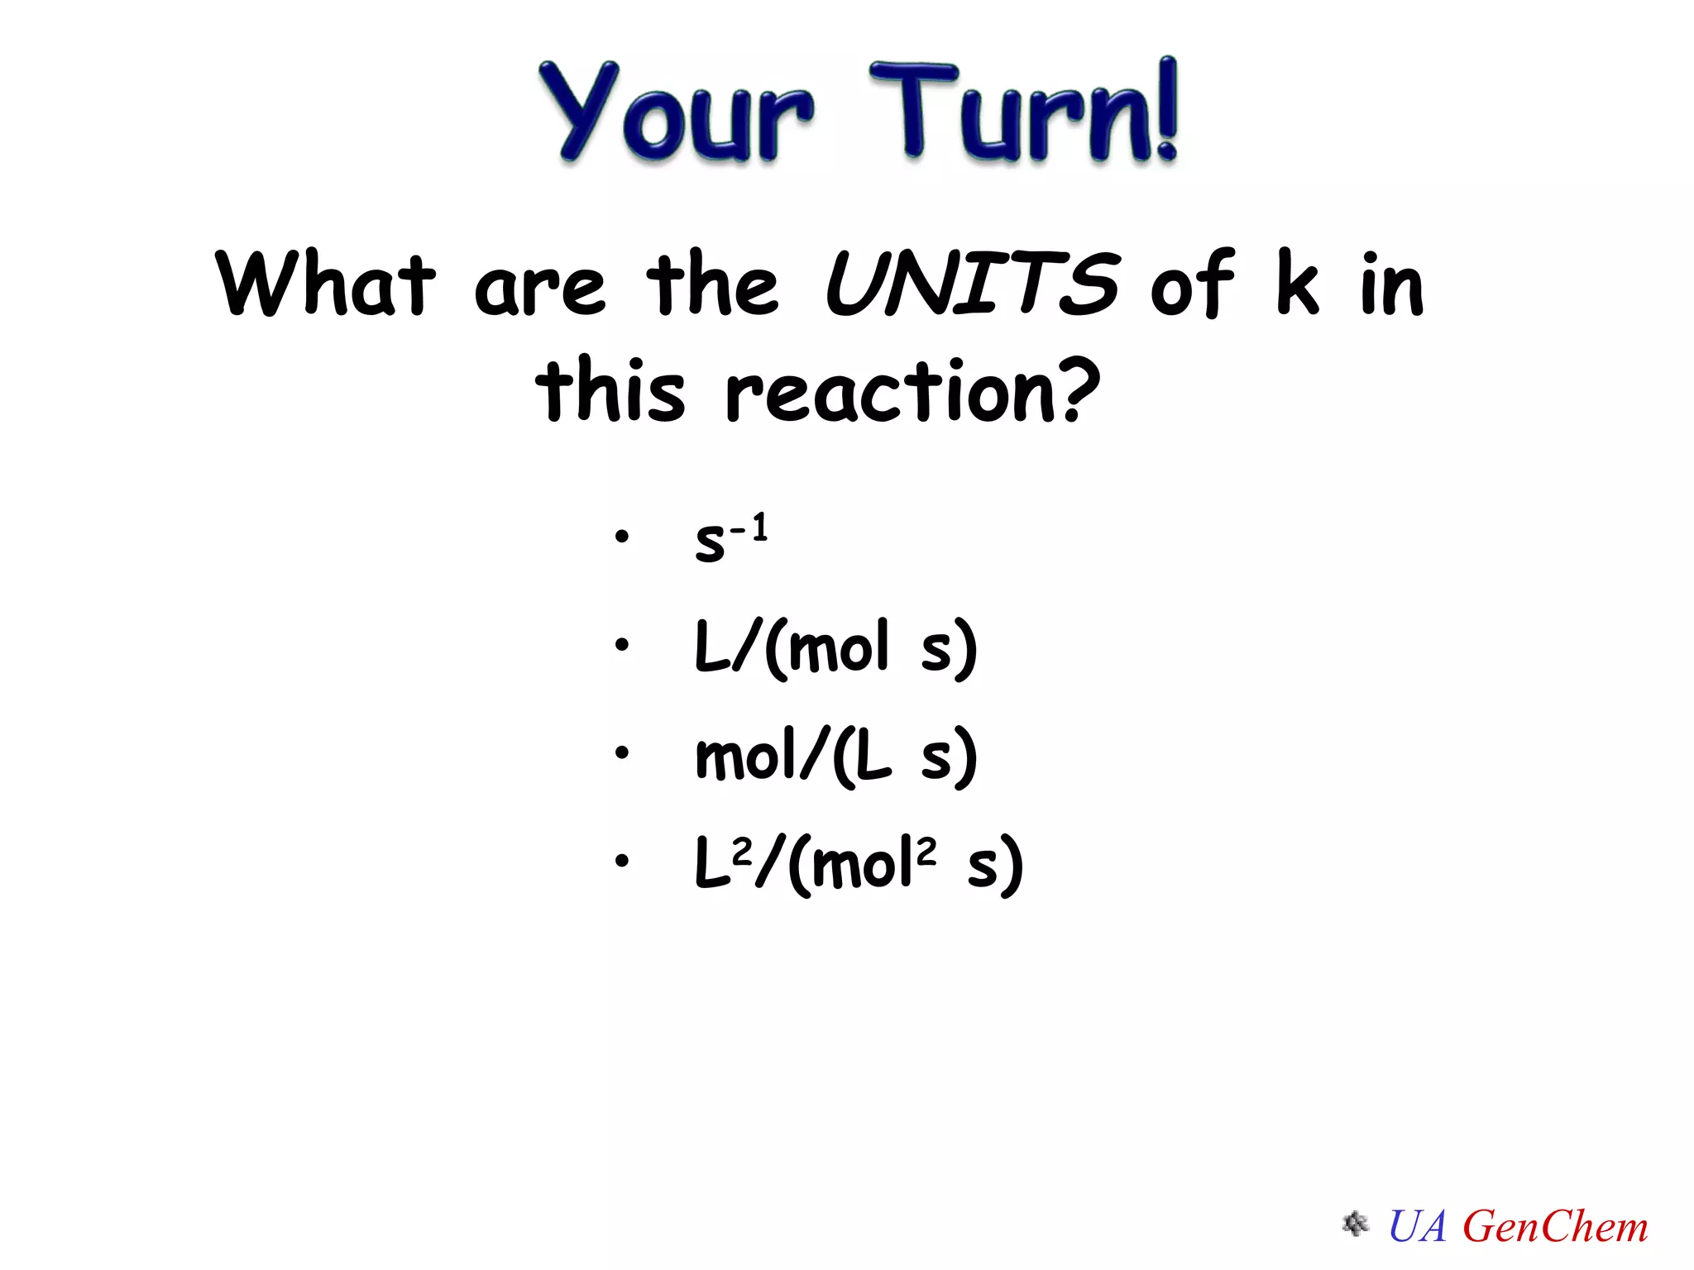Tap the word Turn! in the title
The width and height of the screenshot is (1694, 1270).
point(1024,112)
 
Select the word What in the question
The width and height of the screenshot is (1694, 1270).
point(325,284)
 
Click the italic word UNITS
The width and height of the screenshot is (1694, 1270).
point(973,284)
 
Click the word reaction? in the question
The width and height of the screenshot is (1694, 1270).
point(913,390)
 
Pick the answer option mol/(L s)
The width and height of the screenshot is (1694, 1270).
point(835,756)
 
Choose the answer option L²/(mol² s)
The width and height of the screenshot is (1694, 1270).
point(859,864)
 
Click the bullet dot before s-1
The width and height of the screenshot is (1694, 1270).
point(622,537)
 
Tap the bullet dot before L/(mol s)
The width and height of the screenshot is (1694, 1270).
point(622,644)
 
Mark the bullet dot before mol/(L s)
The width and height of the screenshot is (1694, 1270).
point(622,752)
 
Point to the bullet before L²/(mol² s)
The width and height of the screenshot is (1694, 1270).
point(622,861)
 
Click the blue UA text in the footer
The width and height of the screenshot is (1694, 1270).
point(1418,1226)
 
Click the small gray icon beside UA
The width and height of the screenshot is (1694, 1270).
point(1355,1224)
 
